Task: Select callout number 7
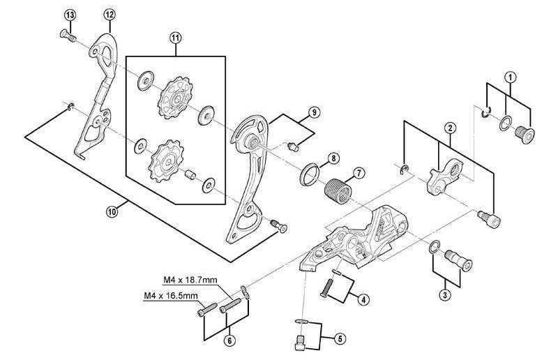point(358,172)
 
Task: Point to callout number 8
point(333,158)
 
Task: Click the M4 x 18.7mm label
point(188,280)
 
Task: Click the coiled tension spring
point(336,190)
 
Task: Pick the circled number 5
point(340,338)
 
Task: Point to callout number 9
point(315,112)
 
